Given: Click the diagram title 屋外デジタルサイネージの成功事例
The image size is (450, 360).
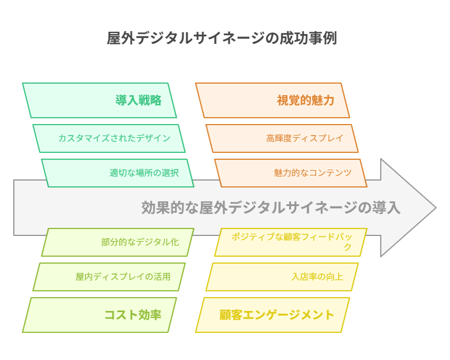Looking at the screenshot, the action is [222, 38].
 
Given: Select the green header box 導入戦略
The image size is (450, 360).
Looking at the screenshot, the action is [99, 100].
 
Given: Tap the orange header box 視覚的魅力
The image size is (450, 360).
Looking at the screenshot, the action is [272, 100].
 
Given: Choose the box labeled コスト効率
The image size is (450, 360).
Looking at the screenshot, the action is [99, 315].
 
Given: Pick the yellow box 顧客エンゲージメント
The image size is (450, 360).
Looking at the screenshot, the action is [272, 315].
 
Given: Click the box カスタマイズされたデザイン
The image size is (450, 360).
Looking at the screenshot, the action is [109, 138].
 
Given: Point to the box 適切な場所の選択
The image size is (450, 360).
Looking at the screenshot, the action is [118, 173].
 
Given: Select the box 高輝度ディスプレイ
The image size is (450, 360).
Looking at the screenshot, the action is [282, 138].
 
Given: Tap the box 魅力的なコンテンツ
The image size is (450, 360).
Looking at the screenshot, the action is [291, 173].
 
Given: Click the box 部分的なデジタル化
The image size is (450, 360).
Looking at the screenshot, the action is [118, 242].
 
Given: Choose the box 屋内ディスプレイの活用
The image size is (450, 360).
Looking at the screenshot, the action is [109, 277].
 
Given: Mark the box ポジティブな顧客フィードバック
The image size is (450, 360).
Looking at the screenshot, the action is [291, 242].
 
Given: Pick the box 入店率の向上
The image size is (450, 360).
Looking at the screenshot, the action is [282, 277].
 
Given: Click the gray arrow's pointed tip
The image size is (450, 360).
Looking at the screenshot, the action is [436, 208].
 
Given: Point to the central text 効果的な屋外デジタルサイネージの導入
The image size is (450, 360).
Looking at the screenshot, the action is [271, 208].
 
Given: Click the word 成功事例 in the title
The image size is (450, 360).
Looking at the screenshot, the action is [308, 38].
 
